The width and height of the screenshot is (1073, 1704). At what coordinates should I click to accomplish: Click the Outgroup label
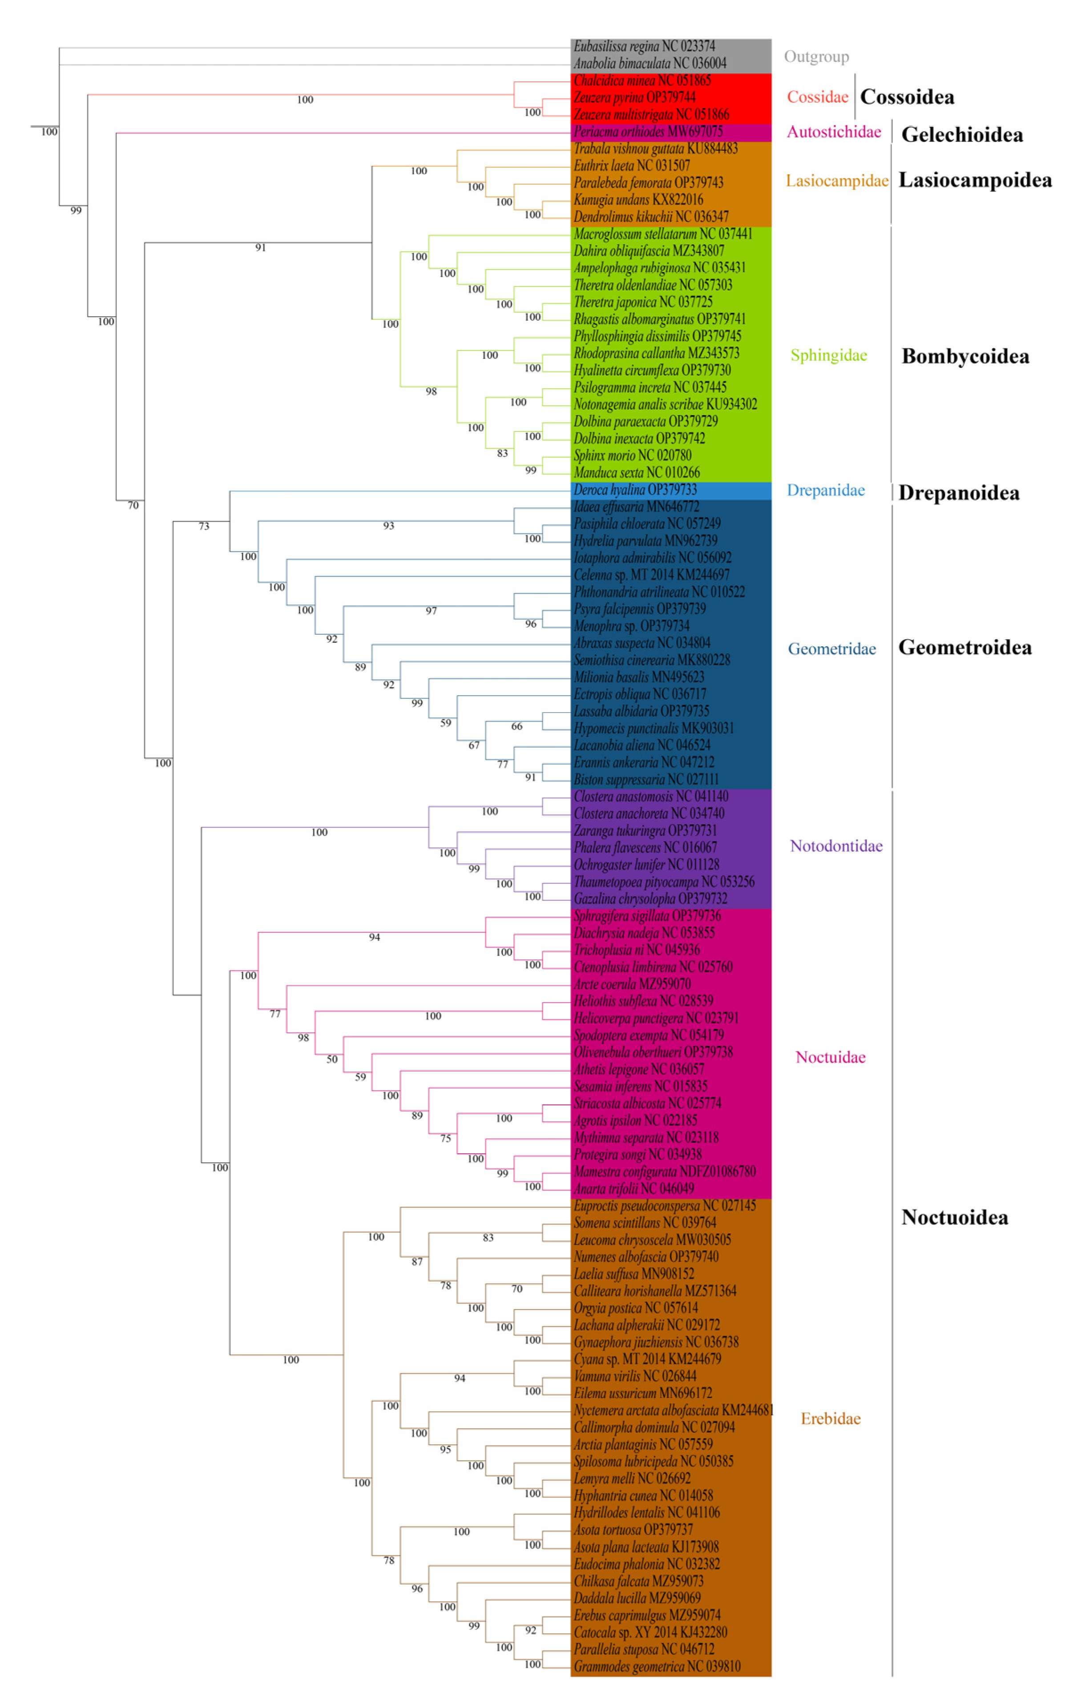click(815, 56)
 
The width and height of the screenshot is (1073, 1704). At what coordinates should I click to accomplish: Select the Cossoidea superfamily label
click(906, 97)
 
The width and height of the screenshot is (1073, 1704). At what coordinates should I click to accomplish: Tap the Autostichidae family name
click(833, 132)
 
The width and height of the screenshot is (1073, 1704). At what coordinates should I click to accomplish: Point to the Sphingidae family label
click(828, 355)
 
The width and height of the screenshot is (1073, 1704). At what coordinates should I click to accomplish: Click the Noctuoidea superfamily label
click(954, 1217)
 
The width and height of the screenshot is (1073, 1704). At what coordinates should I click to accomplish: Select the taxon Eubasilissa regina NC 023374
click(644, 47)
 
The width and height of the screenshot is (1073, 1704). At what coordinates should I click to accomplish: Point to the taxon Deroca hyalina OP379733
click(635, 490)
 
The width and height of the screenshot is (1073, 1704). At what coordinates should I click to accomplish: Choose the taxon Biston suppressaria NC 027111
click(645, 779)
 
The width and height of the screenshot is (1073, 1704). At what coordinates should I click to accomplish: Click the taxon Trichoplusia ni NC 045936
click(636, 950)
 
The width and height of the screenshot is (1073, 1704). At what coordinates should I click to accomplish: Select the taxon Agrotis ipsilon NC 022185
click(635, 1120)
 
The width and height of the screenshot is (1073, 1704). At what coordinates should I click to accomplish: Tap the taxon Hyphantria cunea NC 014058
click(643, 1495)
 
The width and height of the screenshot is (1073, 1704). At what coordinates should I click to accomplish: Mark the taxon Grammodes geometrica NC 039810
click(657, 1666)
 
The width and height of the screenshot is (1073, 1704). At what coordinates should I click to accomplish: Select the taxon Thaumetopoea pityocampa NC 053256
click(663, 882)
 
